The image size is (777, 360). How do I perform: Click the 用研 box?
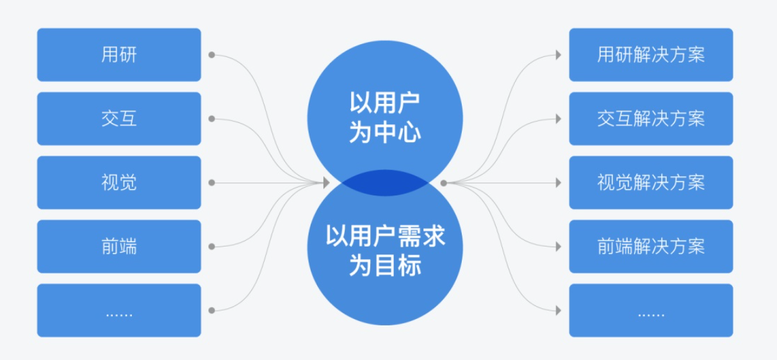pyautogui.click(x=119, y=54)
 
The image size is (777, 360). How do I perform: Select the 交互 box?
pyautogui.click(x=119, y=119)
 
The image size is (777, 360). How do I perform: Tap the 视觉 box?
pyautogui.click(x=119, y=183)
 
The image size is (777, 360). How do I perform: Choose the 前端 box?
pyautogui.click(x=119, y=247)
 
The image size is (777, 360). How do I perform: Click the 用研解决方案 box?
pyautogui.click(x=651, y=54)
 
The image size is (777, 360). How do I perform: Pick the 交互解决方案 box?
pyautogui.click(x=651, y=119)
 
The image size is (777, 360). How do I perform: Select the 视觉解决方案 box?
pyautogui.click(x=651, y=183)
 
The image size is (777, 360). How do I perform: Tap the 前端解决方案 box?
pyautogui.click(x=651, y=247)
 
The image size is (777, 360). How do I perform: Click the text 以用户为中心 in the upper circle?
pyautogui.click(x=385, y=117)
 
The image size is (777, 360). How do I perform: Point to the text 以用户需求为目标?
pyautogui.click(x=385, y=250)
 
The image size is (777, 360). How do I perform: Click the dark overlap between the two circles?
pyautogui.click(x=385, y=183)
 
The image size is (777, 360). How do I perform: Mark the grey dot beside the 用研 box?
pyautogui.click(x=211, y=55)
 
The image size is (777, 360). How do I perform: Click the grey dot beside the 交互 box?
pyautogui.click(x=211, y=119)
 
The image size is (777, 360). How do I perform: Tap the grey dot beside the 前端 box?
pyautogui.click(x=211, y=247)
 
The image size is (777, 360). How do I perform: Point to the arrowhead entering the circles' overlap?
pyautogui.click(x=327, y=183)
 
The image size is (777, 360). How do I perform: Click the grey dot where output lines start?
pyautogui.click(x=443, y=183)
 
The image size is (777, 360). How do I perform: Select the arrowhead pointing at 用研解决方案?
pyautogui.click(x=559, y=55)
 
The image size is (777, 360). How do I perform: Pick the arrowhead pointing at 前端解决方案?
pyautogui.click(x=559, y=247)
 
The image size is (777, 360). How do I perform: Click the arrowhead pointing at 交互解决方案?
pyautogui.click(x=559, y=119)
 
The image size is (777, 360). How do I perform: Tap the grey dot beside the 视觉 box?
pyautogui.click(x=211, y=183)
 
